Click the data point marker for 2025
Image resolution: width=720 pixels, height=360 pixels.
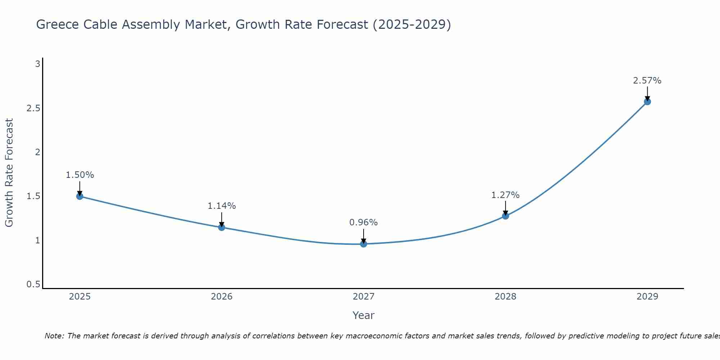point(80,196)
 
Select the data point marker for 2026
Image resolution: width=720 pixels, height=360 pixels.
point(221,227)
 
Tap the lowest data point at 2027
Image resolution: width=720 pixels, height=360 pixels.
point(363,244)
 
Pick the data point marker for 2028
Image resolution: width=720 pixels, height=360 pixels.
point(505,216)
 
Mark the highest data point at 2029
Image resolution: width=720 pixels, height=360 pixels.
point(647,102)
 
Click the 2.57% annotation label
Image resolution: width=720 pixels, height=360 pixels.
point(647,81)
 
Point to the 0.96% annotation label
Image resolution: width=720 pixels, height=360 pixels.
point(363,222)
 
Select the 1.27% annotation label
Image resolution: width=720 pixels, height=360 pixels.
point(505,195)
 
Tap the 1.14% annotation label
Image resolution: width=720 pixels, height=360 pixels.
point(221,206)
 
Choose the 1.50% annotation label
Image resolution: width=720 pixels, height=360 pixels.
point(80,175)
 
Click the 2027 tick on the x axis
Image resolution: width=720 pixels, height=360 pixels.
point(363,297)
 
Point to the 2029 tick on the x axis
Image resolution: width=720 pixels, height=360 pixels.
point(647,297)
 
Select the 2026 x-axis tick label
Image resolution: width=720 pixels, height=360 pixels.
point(221,297)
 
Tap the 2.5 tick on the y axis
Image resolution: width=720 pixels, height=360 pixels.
point(33,108)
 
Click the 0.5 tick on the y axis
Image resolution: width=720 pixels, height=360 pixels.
point(33,284)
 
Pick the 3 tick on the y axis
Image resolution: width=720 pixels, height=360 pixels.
point(37,64)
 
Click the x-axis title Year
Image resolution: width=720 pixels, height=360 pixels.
point(363,315)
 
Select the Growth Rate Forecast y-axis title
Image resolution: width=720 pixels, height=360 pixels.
point(9,173)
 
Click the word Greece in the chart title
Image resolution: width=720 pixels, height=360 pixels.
point(58,24)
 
